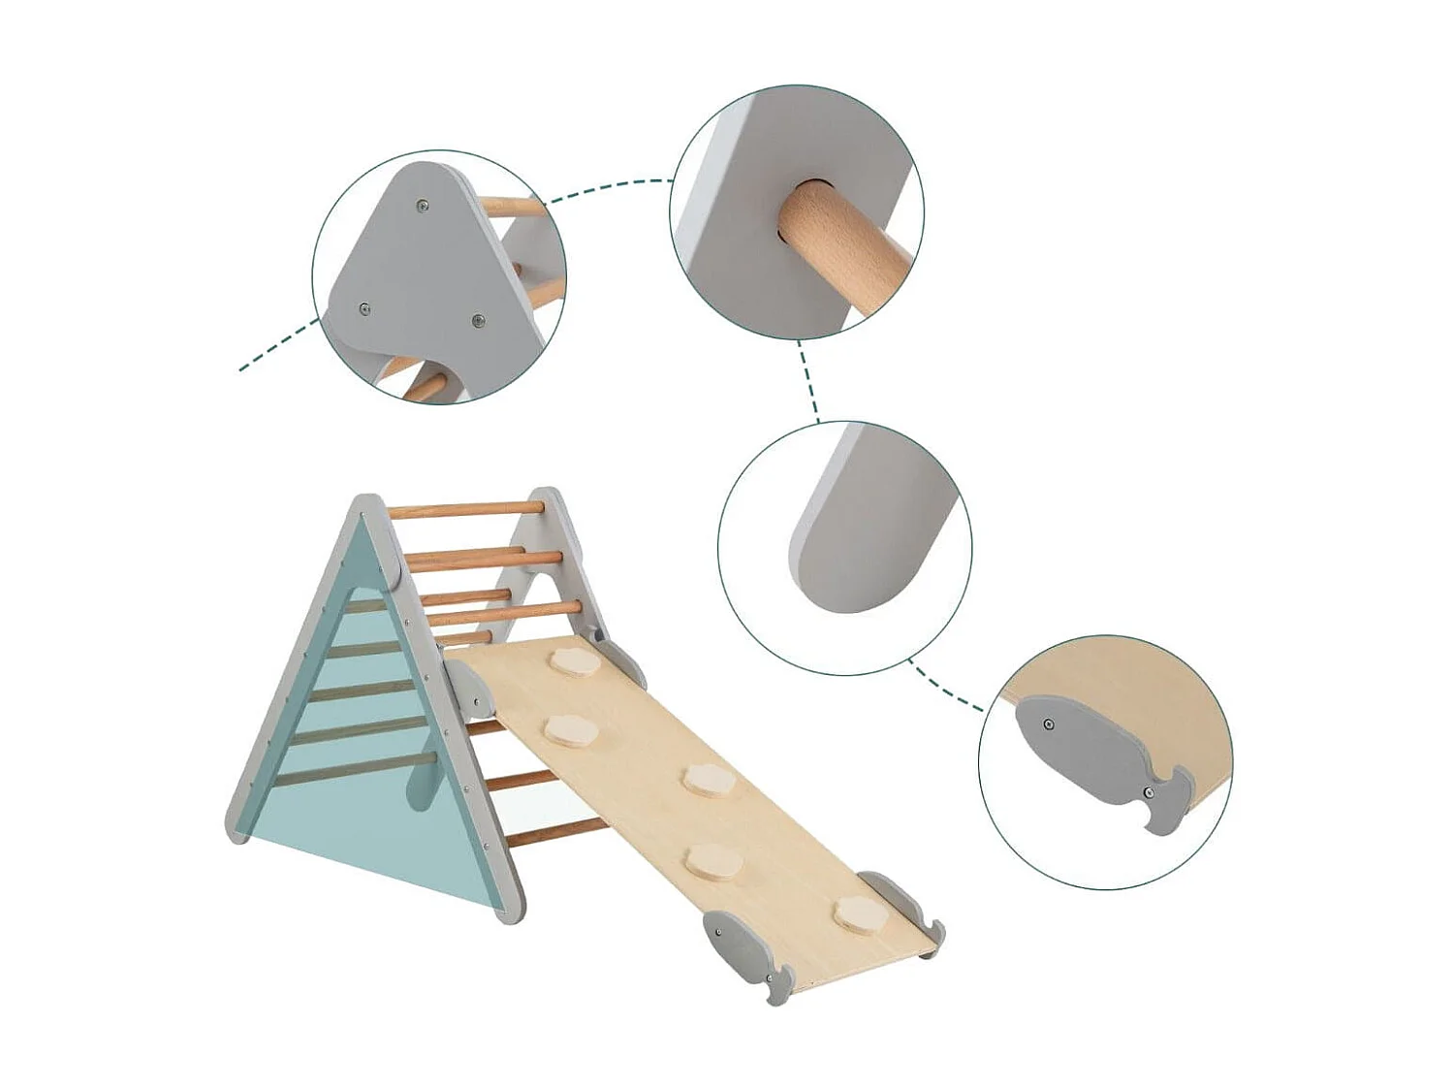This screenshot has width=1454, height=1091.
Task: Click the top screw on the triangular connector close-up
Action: [422, 206]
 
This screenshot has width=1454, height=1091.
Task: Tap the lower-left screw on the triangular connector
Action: [364, 309]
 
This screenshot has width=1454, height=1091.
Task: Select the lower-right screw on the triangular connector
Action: [477, 321]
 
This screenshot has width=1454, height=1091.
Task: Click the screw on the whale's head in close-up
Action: [1048, 724]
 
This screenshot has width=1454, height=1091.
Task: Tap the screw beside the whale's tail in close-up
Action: [1149, 792]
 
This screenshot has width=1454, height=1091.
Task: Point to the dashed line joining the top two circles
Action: [611, 186]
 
